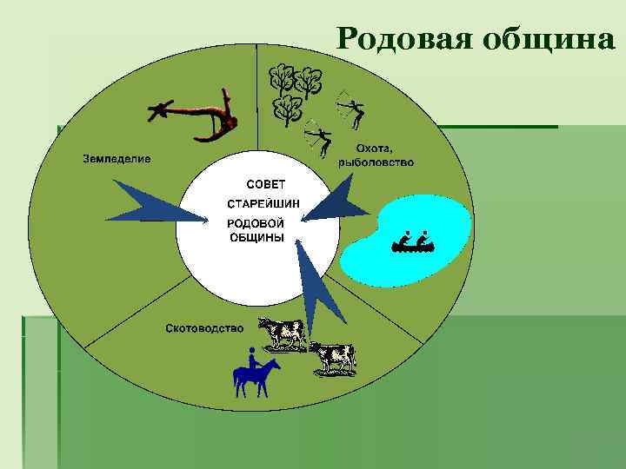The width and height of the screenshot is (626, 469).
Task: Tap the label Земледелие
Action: pos(117,159)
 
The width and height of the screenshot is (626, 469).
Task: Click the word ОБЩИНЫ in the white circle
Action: pos(256,238)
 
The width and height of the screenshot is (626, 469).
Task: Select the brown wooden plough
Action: pos(196,116)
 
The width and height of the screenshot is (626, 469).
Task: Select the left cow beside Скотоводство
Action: pos(282,332)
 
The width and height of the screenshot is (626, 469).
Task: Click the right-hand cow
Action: pos(333,357)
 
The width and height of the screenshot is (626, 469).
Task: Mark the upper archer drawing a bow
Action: pos(351,109)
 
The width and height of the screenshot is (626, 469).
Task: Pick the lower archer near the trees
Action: pos(320,142)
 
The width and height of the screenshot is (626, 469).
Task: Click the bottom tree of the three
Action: pos(287,111)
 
